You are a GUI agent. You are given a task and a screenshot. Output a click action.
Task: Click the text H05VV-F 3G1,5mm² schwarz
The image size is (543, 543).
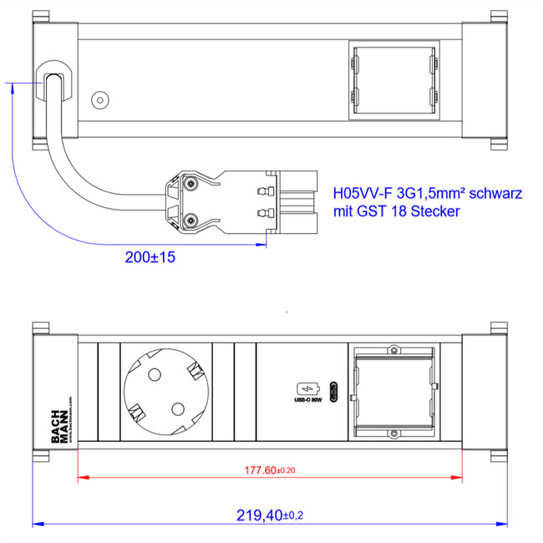pyautogui.click(x=427, y=193)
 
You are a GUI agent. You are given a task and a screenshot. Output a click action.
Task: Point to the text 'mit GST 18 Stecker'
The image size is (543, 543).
pyautogui.click(x=396, y=212)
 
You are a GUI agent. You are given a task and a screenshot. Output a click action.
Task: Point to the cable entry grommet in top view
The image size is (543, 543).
pyautogui.click(x=54, y=85)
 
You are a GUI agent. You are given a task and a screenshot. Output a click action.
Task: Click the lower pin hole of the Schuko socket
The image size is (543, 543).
pyautogui.click(x=177, y=409)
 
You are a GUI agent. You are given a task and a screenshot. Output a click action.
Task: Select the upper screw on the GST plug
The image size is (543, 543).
pyautogui.click(x=191, y=183)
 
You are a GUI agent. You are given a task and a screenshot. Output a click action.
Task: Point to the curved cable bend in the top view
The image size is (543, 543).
pyautogui.click(x=67, y=167)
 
